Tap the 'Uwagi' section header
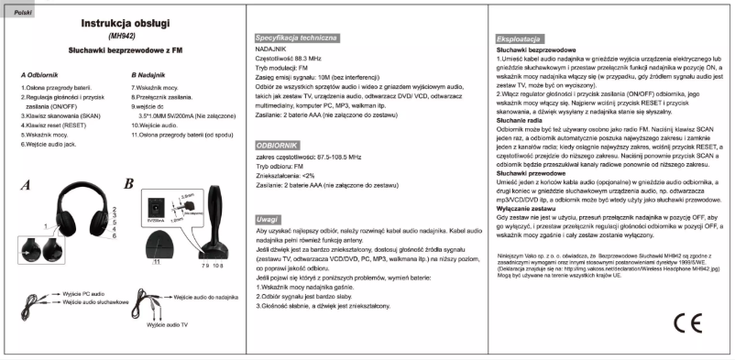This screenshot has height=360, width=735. [268, 220]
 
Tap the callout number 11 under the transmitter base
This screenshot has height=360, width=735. [156, 264]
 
